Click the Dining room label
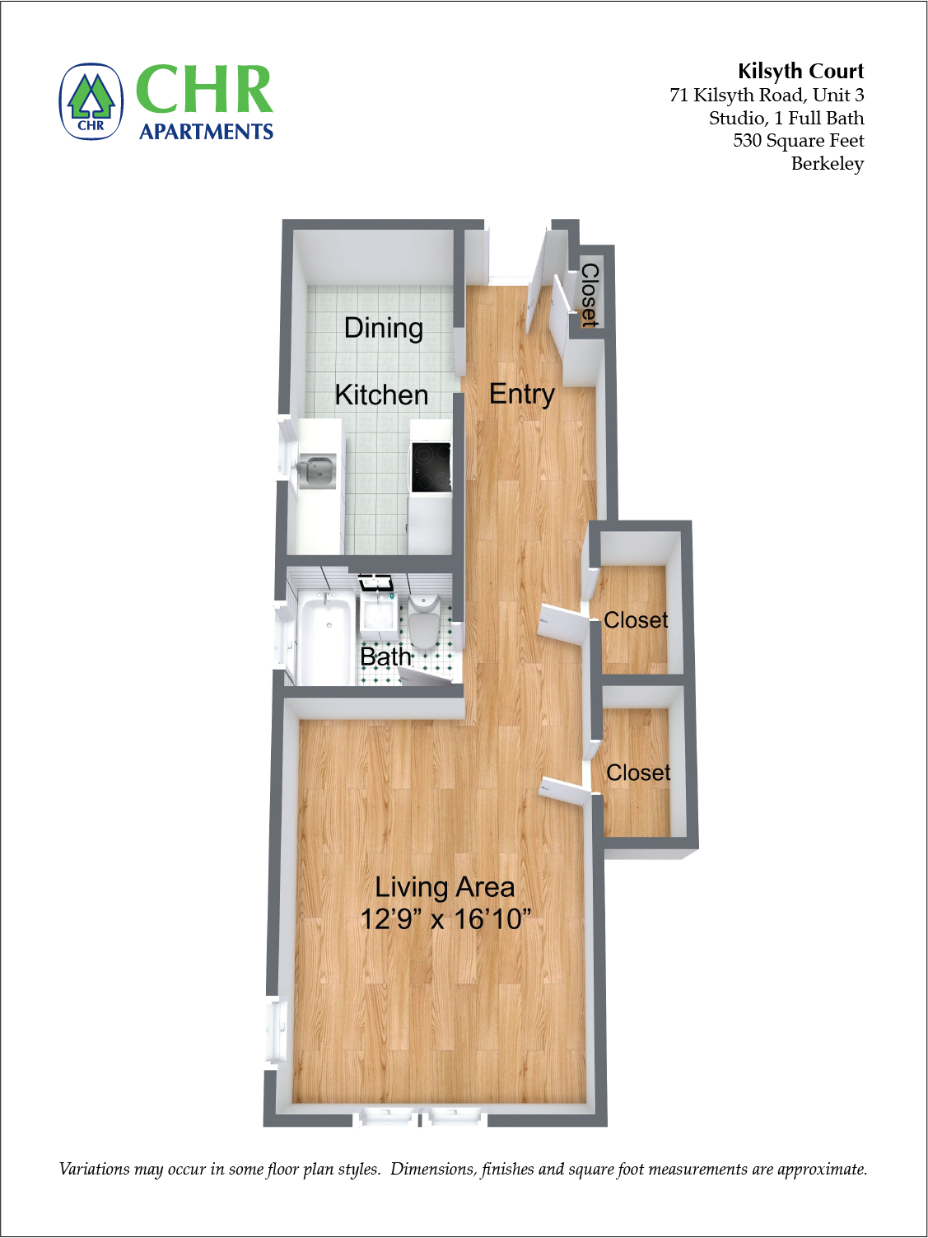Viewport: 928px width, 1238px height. pyautogui.click(x=384, y=328)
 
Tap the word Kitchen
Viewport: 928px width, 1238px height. pyautogui.click(x=382, y=395)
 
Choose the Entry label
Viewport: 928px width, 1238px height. pyautogui.click(x=521, y=395)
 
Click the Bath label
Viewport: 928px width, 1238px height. pyautogui.click(x=385, y=656)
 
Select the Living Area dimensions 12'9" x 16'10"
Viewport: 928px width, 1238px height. pyautogui.click(x=445, y=919)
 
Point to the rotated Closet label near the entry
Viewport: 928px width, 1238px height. pyautogui.click(x=590, y=296)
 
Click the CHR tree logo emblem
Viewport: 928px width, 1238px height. pyautogui.click(x=91, y=101)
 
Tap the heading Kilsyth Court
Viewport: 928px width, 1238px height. pyautogui.click(x=800, y=71)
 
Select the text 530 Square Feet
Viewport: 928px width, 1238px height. pyautogui.click(x=799, y=140)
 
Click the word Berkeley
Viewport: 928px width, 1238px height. pyautogui.click(x=828, y=164)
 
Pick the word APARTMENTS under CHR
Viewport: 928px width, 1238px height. pyautogui.click(x=207, y=132)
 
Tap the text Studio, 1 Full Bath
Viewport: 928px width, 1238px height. pyautogui.click(x=786, y=118)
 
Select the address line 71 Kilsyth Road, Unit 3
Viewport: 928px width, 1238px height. pyautogui.click(x=767, y=95)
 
